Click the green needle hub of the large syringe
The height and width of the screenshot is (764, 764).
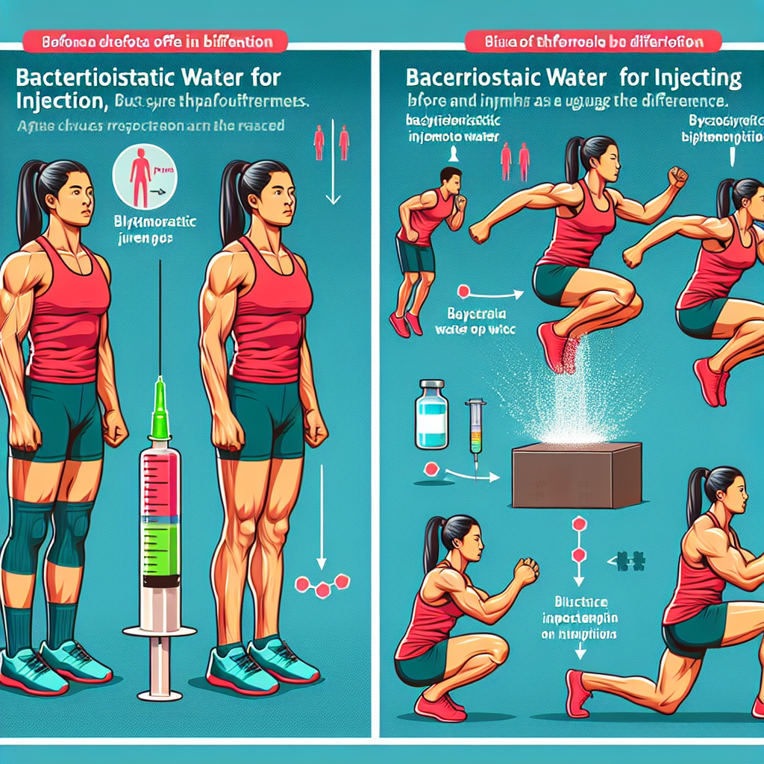[159, 410]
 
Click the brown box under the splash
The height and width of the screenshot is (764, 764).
[577, 475]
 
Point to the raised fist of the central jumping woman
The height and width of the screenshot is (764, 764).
[677, 176]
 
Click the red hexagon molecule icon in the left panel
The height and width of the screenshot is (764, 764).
[323, 585]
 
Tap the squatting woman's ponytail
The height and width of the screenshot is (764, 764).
[432, 545]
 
